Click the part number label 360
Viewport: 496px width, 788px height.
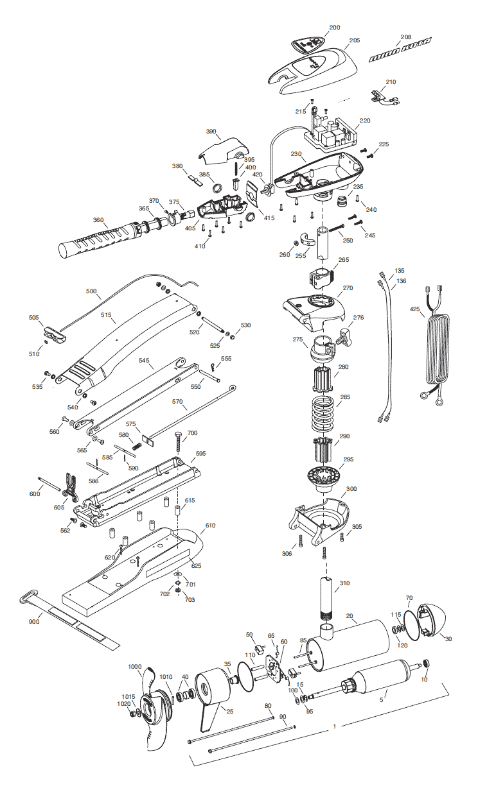click(x=98, y=220)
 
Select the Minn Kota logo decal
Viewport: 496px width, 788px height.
click(x=400, y=50)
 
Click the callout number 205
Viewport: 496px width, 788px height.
click(x=355, y=40)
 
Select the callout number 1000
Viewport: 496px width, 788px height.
click(x=134, y=667)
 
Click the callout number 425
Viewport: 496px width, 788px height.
click(x=416, y=309)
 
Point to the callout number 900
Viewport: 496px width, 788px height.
click(x=34, y=622)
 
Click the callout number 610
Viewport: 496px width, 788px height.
click(x=210, y=525)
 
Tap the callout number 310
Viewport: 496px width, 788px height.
click(x=345, y=583)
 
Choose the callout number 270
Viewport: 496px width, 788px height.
click(x=348, y=288)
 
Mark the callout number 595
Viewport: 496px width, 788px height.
click(x=201, y=454)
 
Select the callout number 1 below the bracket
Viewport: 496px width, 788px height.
click(x=334, y=727)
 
